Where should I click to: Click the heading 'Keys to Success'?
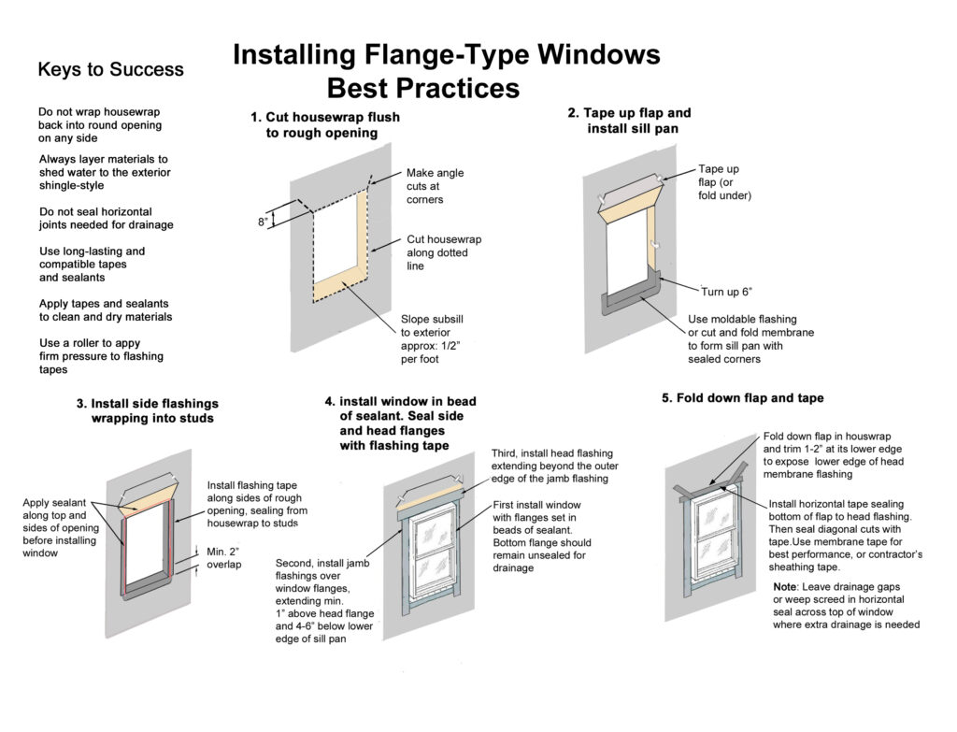[110, 70]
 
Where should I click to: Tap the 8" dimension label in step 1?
[264, 222]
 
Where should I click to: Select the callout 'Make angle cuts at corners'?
[435, 186]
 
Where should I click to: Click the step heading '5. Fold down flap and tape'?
[742, 397]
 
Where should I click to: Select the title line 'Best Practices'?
[422, 89]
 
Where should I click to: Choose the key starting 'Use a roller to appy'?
[100, 356]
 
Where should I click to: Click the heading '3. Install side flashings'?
[147, 410]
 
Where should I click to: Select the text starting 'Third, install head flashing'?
[554, 466]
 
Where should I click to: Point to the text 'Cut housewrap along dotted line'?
[443, 252]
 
